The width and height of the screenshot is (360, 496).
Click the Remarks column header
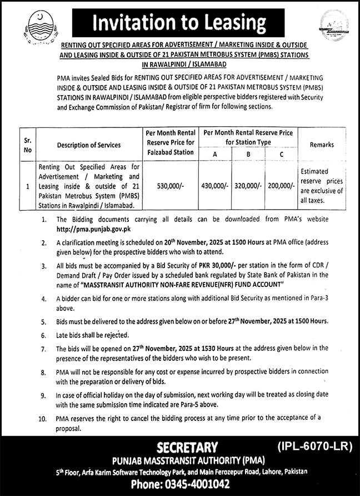tap(322, 145)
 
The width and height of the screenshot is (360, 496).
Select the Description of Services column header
tap(88, 145)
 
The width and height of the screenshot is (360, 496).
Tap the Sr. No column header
tap(28, 145)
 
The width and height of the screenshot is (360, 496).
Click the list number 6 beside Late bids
tap(43, 335)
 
